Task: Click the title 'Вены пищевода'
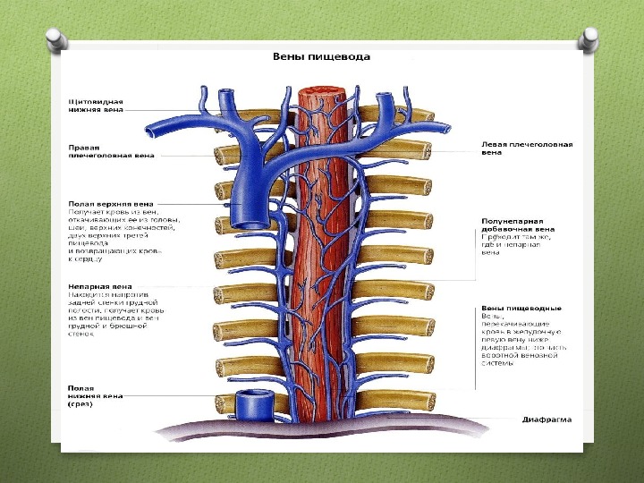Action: (321, 56)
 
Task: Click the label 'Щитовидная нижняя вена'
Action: (97, 106)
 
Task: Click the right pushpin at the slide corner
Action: (589, 38)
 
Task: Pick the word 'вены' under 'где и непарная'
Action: (490, 252)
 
